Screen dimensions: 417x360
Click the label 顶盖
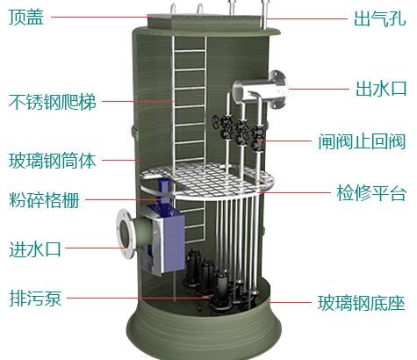point(26,17)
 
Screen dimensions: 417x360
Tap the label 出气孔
point(379,18)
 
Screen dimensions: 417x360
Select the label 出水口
point(381,89)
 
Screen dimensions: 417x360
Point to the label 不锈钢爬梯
point(53,102)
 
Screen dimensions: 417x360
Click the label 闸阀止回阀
point(362,141)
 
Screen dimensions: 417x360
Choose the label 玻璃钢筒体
point(53,161)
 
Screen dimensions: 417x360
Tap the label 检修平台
point(371,193)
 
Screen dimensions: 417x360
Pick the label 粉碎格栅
point(44,200)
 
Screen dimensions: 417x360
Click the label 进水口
point(35,248)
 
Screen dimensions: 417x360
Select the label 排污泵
point(35,298)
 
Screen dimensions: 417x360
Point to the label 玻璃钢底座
point(362,303)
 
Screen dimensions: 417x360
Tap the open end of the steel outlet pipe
point(240,91)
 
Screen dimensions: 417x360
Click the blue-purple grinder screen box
point(164,240)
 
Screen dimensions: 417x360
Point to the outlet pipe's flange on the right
point(278,90)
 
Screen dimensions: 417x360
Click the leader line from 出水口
point(319,89)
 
